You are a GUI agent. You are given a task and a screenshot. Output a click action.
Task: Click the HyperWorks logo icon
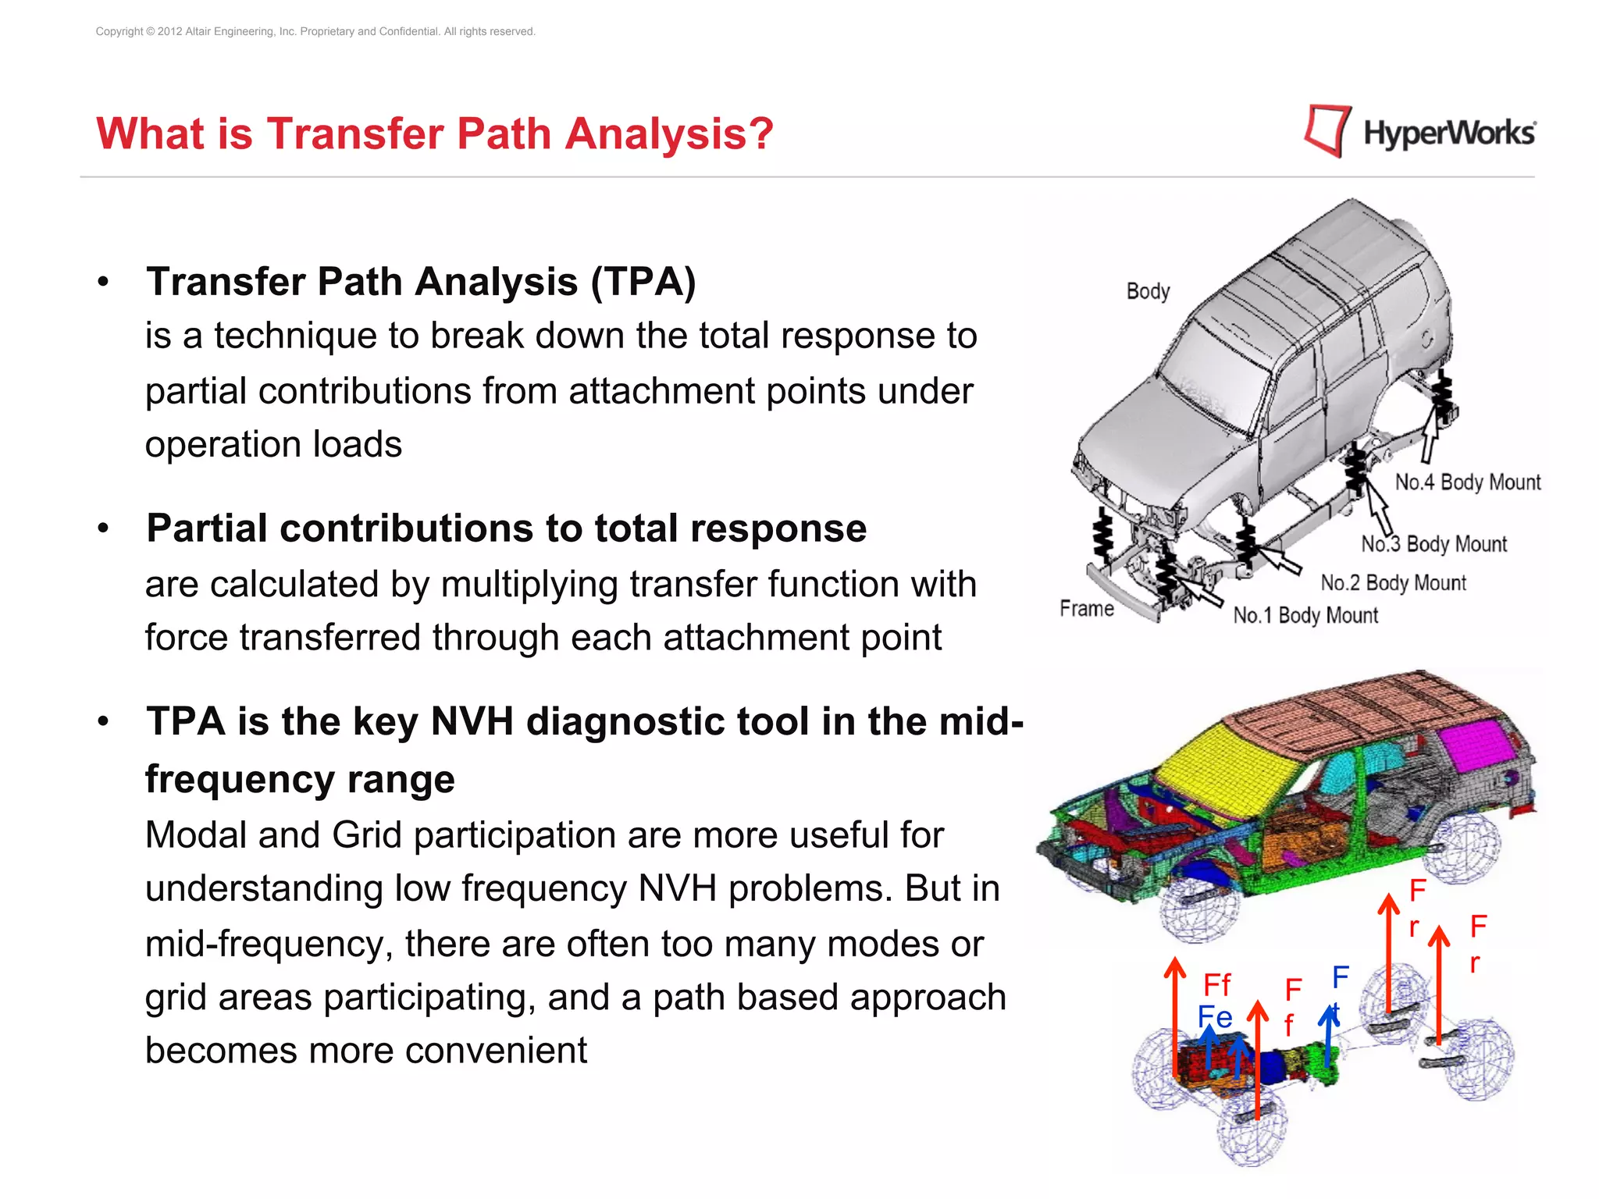point(1327,131)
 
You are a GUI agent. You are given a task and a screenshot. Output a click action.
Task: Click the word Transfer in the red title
point(355,133)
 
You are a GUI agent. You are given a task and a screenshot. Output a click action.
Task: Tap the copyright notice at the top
point(315,31)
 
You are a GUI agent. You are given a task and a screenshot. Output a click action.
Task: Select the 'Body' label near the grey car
point(1148,291)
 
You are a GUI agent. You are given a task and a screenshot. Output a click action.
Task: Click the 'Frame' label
point(1086,608)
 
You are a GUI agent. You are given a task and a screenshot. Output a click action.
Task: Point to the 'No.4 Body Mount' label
point(1467,482)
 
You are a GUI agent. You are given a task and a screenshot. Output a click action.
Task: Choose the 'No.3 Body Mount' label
point(1433,543)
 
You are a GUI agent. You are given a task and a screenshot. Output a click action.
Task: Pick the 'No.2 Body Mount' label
point(1393,582)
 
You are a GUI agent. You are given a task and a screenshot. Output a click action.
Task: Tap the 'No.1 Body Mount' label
point(1305,615)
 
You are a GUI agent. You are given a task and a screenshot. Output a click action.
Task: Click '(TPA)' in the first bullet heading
point(643,282)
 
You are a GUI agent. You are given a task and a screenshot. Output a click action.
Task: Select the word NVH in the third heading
point(472,721)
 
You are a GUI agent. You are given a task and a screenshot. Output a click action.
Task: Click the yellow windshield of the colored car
point(1226,765)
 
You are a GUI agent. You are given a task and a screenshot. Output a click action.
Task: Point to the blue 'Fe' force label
point(1214,1017)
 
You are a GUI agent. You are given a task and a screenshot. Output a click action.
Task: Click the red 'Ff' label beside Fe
point(1216,984)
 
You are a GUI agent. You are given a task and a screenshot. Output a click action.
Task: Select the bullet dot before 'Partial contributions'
point(103,528)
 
